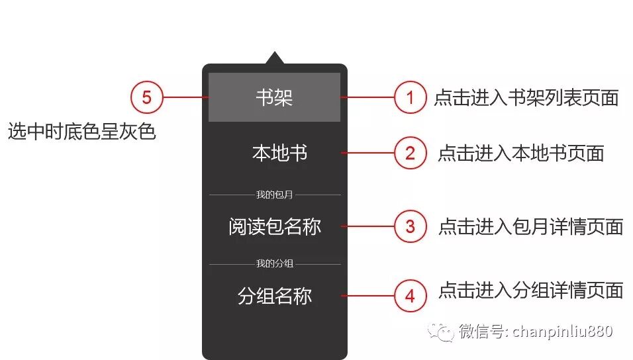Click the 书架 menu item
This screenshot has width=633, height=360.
point(274,97)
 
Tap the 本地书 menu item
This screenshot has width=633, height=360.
point(279,154)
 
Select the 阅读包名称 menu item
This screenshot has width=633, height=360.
point(274,226)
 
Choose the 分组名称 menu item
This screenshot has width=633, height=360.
point(274,296)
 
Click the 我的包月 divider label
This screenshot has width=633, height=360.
point(274,195)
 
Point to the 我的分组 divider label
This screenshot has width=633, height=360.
point(274,264)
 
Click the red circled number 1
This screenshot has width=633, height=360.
point(411,98)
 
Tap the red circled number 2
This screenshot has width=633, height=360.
point(411,154)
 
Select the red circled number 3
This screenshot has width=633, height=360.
point(411,226)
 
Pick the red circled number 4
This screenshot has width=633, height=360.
point(411,296)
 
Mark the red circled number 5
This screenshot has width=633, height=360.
point(146,98)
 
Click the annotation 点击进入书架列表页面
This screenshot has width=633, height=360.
point(526,98)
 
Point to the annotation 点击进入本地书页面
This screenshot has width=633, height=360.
point(520,154)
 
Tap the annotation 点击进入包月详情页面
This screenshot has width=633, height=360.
point(530,227)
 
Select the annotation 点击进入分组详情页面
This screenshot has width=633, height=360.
point(530,290)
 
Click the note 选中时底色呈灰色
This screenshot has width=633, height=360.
point(81,132)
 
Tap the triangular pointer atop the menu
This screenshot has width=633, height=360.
point(274,58)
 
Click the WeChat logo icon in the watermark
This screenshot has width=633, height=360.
point(441,331)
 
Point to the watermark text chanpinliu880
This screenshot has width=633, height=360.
point(562,331)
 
